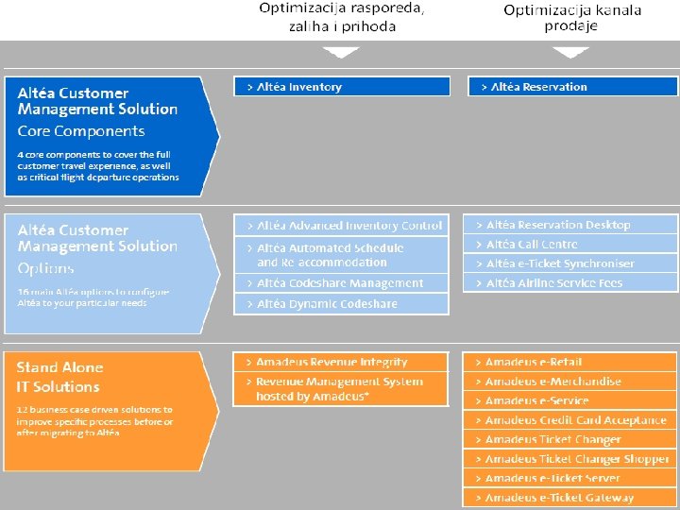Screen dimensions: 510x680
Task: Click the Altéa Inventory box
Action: pyautogui.click(x=342, y=87)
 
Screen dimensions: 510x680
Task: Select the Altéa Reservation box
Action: pyautogui.click(x=572, y=87)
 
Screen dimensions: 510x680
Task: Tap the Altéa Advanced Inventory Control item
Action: pyautogui.click(x=342, y=226)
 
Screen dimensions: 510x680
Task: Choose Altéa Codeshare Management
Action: pyautogui.click(x=342, y=283)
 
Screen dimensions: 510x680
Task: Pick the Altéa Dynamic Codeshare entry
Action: pyautogui.click(x=342, y=304)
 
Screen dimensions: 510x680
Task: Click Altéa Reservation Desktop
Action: pyautogui.click(x=570, y=225)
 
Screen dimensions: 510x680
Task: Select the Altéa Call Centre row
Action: pyautogui.click(x=570, y=244)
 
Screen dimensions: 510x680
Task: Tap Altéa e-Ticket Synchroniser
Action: pyautogui.click(x=570, y=263)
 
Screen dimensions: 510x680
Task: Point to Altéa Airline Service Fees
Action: pyautogui.click(x=570, y=283)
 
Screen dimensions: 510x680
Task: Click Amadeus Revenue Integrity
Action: pyautogui.click(x=342, y=362)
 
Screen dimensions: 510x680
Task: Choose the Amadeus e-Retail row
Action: pyautogui.click(x=570, y=362)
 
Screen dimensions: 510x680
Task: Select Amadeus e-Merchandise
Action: pyautogui.click(x=570, y=382)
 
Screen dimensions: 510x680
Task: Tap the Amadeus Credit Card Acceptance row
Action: pyautogui.click(x=570, y=420)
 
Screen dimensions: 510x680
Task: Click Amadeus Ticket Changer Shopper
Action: pyautogui.click(x=570, y=459)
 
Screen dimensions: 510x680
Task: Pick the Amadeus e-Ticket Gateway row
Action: pyautogui.click(x=570, y=498)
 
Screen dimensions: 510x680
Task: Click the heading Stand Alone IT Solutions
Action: pyautogui.click(x=59, y=377)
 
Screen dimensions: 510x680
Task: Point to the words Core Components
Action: pyautogui.click(x=81, y=131)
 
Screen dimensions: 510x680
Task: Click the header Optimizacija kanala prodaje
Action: pyautogui.click(x=572, y=18)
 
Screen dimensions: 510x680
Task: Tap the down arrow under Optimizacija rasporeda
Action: pyautogui.click(x=341, y=52)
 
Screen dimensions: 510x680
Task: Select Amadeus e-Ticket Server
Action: pyautogui.click(x=570, y=479)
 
